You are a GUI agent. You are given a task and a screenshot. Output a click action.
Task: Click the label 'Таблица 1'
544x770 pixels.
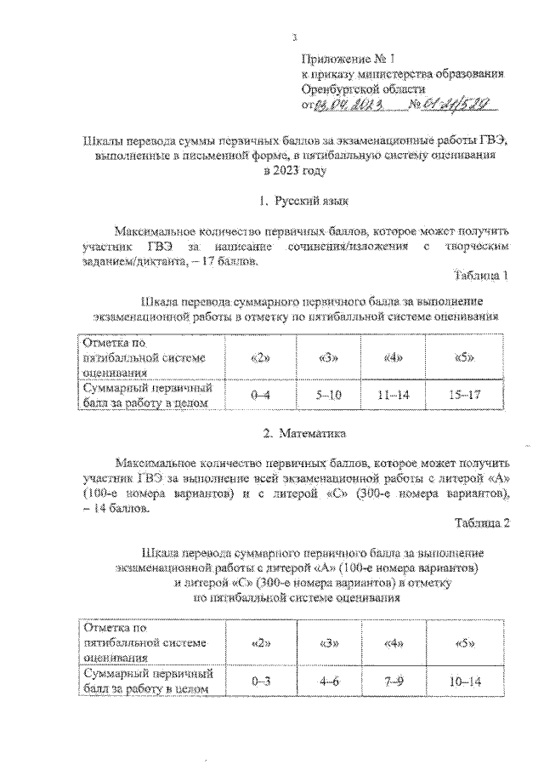(x=481, y=277)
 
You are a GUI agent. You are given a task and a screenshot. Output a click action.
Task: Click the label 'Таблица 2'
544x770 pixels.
(x=481, y=523)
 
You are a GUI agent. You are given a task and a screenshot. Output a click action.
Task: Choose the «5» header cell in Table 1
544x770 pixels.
(x=463, y=357)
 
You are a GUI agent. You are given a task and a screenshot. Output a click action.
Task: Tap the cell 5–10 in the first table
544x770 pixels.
(x=326, y=396)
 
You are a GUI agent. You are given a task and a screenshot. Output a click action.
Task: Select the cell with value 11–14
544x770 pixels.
(x=392, y=396)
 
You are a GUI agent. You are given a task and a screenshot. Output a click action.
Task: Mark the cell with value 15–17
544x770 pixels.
(x=463, y=396)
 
